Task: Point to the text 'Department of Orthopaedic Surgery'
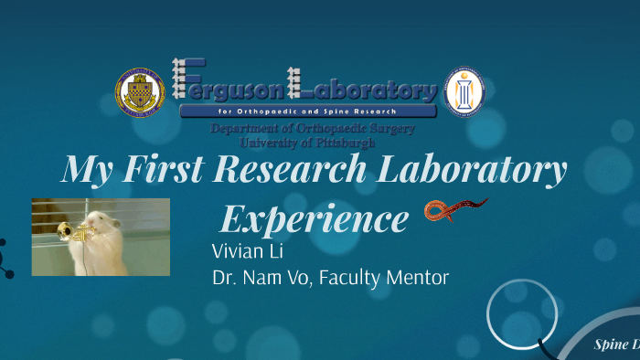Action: tap(313, 129)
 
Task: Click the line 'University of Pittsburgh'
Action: tap(306, 143)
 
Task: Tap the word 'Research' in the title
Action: tap(296, 170)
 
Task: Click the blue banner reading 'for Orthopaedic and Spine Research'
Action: tap(307, 111)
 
